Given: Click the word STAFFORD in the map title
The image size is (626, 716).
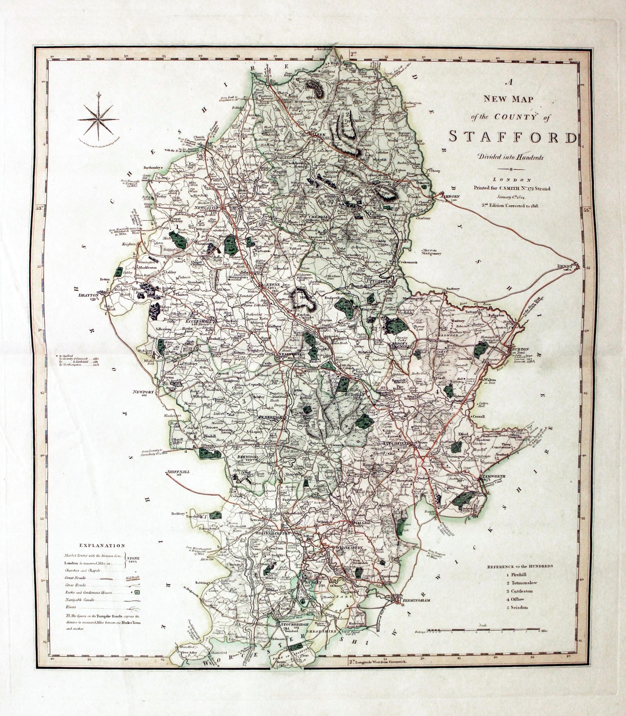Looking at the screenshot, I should coord(512,137).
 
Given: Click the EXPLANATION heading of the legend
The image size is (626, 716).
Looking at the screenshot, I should coord(102,545).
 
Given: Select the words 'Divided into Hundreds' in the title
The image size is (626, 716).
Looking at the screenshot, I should coord(511,158).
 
